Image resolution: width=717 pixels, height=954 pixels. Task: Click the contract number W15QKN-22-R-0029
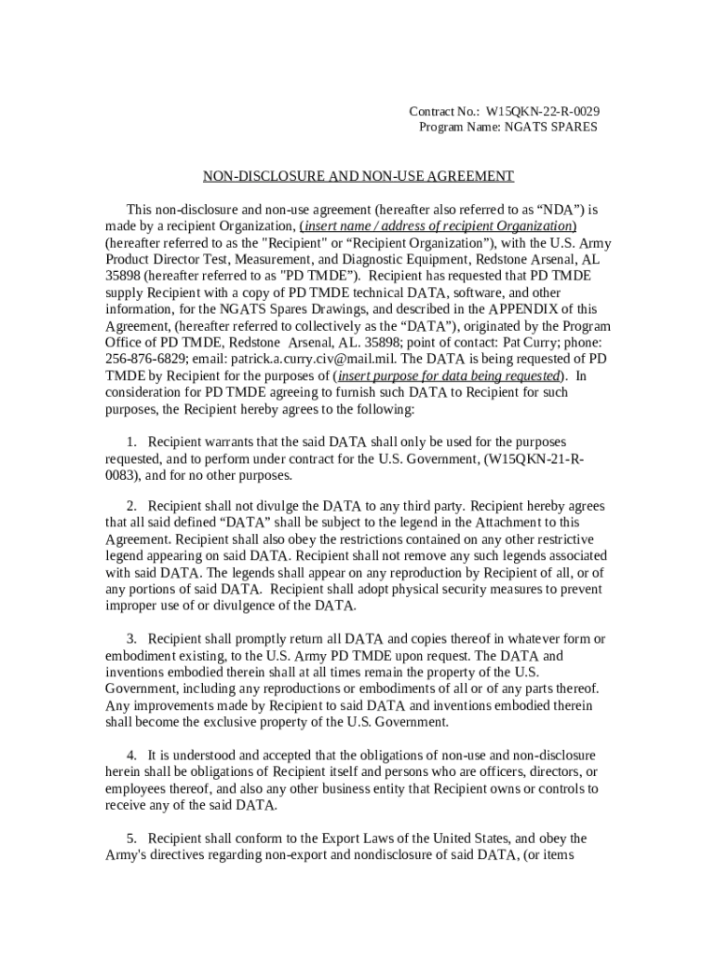tap(543, 111)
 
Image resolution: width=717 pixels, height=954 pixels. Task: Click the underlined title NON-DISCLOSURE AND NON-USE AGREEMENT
tap(358, 176)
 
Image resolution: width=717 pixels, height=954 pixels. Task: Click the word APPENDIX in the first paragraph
tap(510, 309)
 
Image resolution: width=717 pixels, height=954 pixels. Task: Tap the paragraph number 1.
tap(133, 442)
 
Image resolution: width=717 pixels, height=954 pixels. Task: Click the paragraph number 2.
tap(133, 507)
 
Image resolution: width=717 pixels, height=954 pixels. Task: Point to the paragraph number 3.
tap(133, 639)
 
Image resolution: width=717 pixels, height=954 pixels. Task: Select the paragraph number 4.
tap(133, 756)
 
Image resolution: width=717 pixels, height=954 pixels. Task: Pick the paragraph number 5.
tap(133, 838)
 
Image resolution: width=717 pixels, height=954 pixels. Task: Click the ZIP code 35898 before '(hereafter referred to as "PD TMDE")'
tap(123, 276)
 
